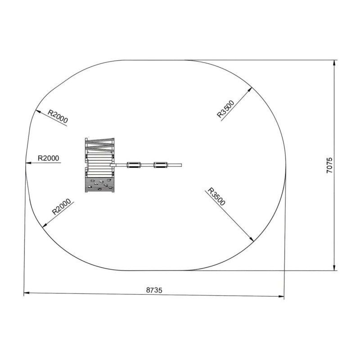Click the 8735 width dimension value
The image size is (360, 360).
pos(154,290)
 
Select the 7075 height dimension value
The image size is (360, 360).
pos(329,165)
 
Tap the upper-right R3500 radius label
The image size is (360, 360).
pos(226,109)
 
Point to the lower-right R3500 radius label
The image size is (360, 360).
pos(216,197)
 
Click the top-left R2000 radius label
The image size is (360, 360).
pos(58,116)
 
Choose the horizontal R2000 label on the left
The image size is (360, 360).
pos(49,158)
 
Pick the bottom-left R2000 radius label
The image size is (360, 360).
pos(62,207)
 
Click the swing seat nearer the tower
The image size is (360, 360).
pos(134,165)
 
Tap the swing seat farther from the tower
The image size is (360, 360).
pos(161,165)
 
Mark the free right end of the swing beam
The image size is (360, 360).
pos(181,165)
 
